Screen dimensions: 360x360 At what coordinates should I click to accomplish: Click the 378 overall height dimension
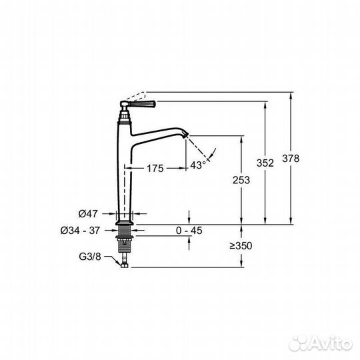tap(291, 159)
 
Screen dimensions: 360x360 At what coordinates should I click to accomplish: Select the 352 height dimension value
tap(265, 163)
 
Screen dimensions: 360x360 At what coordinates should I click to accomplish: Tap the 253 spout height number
tap(241, 180)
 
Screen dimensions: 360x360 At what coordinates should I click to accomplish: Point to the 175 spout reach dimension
tap(155, 168)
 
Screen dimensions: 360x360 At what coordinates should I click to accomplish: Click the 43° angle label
tap(198, 165)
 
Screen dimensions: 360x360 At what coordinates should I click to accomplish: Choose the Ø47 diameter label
tap(88, 214)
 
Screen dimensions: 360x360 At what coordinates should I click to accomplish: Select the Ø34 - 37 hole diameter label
tap(80, 230)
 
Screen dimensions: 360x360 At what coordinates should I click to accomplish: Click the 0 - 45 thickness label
tap(189, 231)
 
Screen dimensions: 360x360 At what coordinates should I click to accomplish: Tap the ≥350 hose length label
tap(241, 246)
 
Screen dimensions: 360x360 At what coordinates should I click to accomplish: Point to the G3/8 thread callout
tap(90, 257)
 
